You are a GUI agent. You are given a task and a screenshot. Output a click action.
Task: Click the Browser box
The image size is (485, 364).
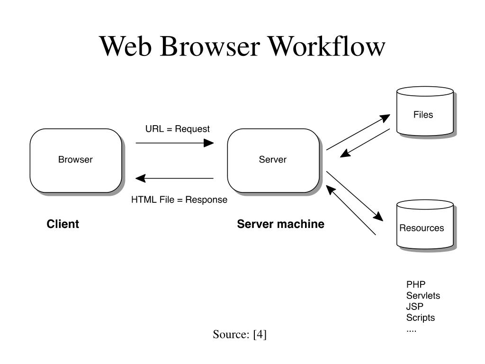[x=76, y=161]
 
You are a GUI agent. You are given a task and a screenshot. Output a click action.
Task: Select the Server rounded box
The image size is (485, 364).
[x=273, y=161]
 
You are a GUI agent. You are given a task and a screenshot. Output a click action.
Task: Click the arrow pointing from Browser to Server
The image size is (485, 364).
[x=175, y=143]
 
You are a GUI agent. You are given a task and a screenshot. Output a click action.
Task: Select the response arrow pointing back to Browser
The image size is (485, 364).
[x=174, y=178]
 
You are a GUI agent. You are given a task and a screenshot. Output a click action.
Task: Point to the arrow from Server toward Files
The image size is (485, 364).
[x=358, y=132]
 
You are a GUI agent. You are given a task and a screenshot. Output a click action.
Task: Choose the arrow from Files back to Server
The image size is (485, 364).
[x=365, y=143]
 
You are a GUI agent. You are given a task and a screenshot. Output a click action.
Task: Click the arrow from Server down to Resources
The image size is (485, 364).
[x=355, y=196]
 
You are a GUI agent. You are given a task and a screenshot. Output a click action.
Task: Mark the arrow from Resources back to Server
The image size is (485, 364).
[x=351, y=210]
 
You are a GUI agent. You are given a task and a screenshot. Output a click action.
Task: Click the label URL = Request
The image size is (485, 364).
[x=178, y=129]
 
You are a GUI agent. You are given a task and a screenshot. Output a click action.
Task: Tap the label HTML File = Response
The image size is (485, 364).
[x=179, y=200]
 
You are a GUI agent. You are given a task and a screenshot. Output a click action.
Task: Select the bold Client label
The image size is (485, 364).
[x=63, y=224]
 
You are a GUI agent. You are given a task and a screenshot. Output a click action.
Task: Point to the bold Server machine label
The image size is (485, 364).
[x=280, y=224]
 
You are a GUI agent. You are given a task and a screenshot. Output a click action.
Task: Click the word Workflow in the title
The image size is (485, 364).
[x=326, y=46]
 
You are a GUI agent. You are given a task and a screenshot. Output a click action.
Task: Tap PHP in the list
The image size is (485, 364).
[x=416, y=284]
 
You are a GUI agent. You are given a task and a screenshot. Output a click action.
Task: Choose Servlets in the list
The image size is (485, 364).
[x=423, y=295]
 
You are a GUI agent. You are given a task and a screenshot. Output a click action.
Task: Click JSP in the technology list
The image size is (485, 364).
[x=414, y=307]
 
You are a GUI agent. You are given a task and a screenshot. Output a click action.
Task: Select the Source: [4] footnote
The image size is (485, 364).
[x=240, y=334]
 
